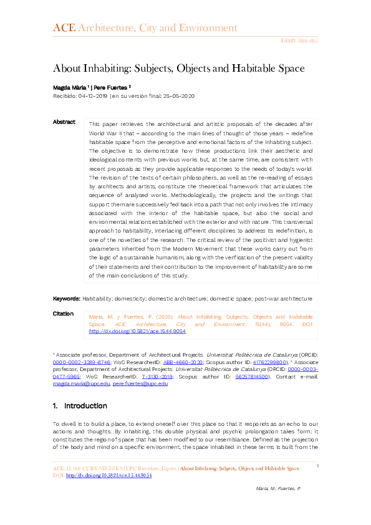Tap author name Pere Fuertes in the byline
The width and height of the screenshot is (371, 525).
(112, 87)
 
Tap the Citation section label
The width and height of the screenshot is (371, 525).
(63, 314)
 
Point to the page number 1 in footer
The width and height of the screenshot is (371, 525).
(317, 466)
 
